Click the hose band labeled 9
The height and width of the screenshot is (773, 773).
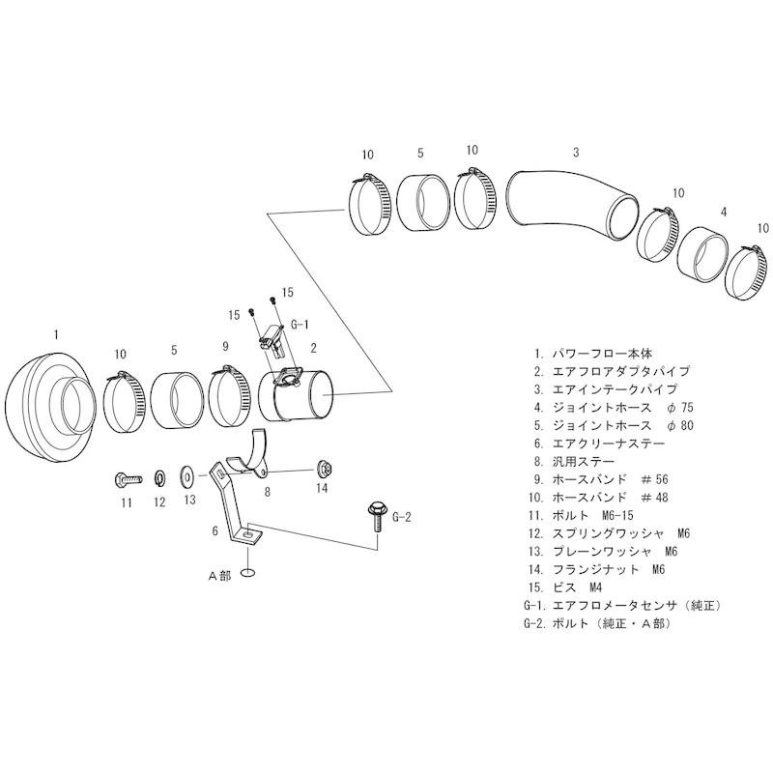coord(229,396)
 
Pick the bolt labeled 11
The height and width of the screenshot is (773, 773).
coord(126,477)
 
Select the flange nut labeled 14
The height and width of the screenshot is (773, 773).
coord(323,470)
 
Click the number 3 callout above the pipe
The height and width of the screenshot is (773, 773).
coord(576,153)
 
